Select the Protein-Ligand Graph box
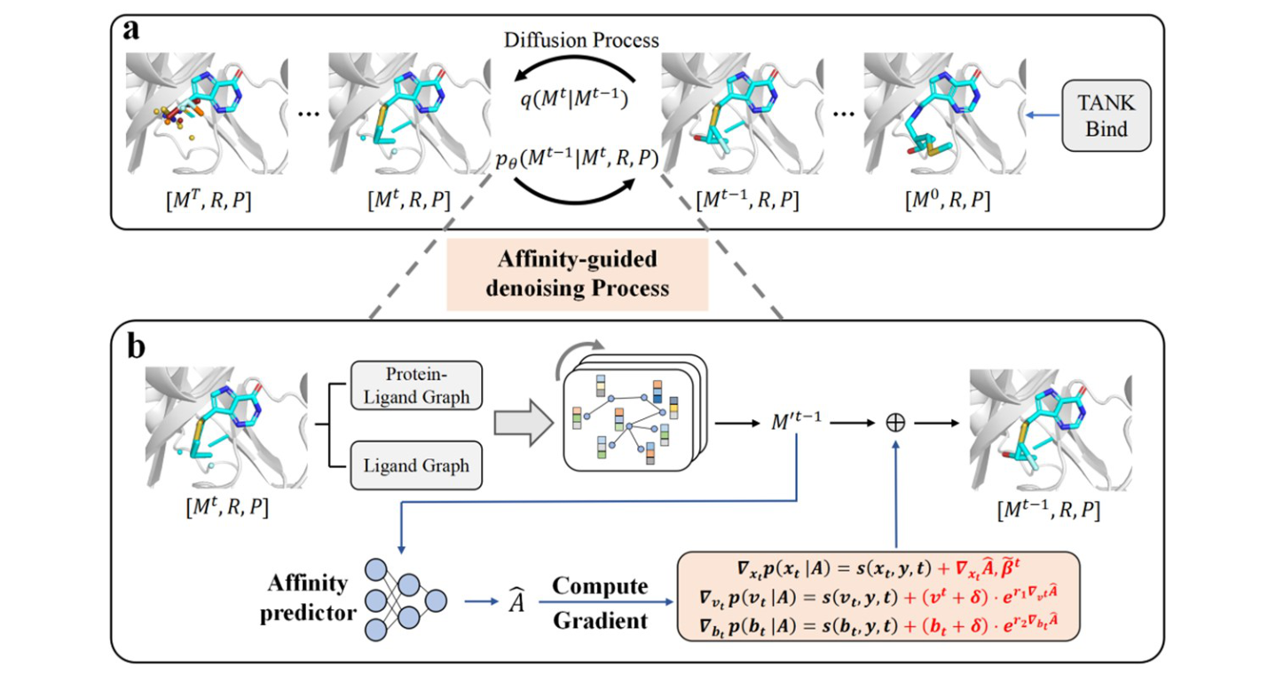416,385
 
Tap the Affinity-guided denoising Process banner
576,275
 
